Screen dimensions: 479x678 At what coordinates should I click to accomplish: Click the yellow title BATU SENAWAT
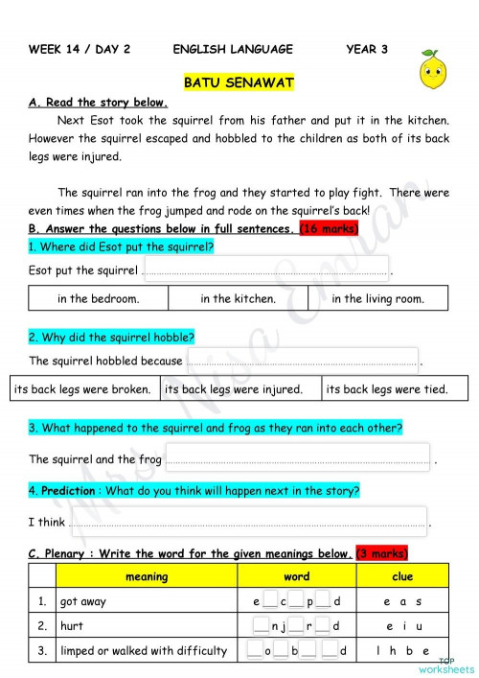(239, 83)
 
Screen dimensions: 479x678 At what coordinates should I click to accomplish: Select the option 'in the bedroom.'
(98, 298)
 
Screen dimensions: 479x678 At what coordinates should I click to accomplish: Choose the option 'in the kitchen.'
(239, 298)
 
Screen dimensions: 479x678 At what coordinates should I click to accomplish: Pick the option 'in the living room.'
(377, 298)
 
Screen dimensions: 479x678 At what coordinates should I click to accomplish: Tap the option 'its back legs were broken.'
(83, 389)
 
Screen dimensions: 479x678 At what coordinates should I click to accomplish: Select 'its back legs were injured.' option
(234, 389)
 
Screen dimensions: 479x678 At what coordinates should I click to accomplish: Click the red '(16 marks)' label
(330, 228)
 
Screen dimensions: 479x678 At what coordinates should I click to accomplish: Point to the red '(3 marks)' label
(382, 553)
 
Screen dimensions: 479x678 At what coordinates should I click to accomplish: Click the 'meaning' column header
(147, 576)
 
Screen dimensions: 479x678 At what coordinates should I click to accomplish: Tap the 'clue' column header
(402, 576)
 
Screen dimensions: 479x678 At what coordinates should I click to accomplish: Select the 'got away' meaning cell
(147, 602)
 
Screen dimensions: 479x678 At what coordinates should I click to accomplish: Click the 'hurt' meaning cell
(147, 626)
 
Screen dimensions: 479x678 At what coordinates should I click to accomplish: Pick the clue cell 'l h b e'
(402, 651)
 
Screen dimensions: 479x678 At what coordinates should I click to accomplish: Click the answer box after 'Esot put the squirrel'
(265, 269)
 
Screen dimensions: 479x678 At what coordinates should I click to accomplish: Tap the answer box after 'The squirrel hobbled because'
(302, 361)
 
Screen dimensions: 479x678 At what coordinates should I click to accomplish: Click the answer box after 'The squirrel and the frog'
(297, 458)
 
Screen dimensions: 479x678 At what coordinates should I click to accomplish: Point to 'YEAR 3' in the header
(367, 49)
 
